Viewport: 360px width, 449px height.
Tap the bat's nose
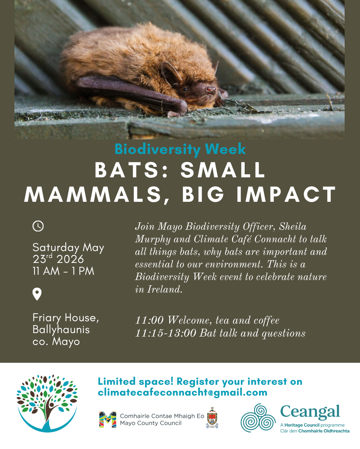[x=211, y=89]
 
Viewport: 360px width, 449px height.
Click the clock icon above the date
[x=38, y=226]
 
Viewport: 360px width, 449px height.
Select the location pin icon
[x=37, y=294]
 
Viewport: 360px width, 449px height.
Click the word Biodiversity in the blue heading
[x=158, y=149]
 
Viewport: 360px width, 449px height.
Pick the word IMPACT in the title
[x=286, y=194]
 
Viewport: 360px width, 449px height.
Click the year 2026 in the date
[x=70, y=259]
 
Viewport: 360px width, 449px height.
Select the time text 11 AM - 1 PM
[x=63, y=271]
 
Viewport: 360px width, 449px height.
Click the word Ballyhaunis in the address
[x=61, y=330]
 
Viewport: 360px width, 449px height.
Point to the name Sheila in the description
[x=293, y=226]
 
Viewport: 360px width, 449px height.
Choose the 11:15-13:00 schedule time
[x=166, y=333]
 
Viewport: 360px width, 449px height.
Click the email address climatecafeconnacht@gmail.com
[x=182, y=392]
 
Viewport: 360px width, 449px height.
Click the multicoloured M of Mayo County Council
[x=108, y=420]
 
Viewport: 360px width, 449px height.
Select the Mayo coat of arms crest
[x=212, y=418]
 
